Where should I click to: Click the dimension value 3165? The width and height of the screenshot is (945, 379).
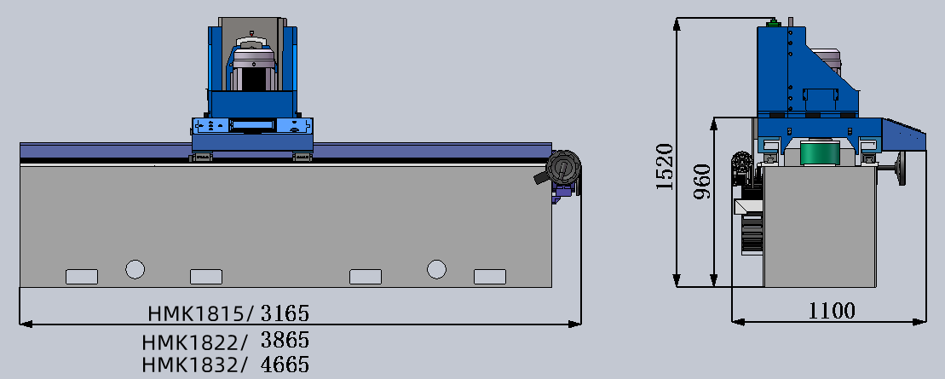tap(285, 313)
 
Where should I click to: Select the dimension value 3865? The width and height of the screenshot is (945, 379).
tap(285, 341)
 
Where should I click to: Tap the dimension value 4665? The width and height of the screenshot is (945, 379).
tap(285, 365)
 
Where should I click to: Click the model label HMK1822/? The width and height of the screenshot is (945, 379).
tap(194, 342)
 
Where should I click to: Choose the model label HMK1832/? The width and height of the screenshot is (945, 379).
tap(194, 365)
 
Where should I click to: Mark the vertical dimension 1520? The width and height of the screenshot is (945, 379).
tap(664, 167)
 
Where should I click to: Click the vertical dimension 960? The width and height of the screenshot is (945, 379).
tap(702, 182)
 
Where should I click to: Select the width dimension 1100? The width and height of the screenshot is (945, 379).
tap(832, 311)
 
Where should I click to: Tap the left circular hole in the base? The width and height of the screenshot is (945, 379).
tap(135, 269)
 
